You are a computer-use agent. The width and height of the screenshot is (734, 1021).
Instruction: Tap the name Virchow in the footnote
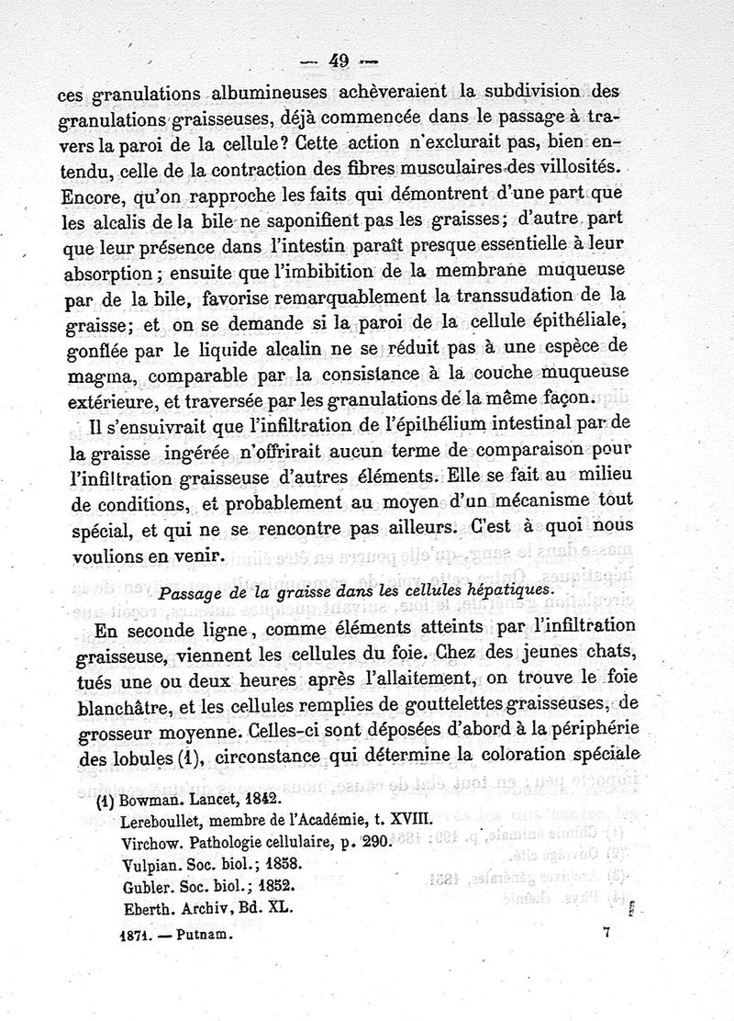[149, 841]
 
